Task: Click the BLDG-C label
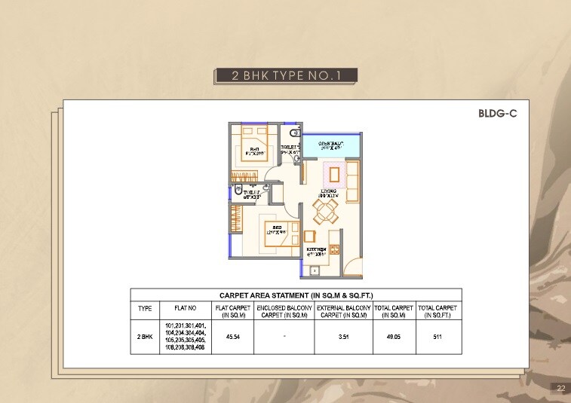497,114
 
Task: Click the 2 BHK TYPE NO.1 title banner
284,75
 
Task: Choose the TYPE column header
145,308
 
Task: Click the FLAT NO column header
186,308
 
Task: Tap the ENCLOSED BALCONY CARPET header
284,312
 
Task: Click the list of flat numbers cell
186,337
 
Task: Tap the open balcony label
331,145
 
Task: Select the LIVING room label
328,194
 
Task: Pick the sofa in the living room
352,176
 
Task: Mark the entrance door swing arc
352,265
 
